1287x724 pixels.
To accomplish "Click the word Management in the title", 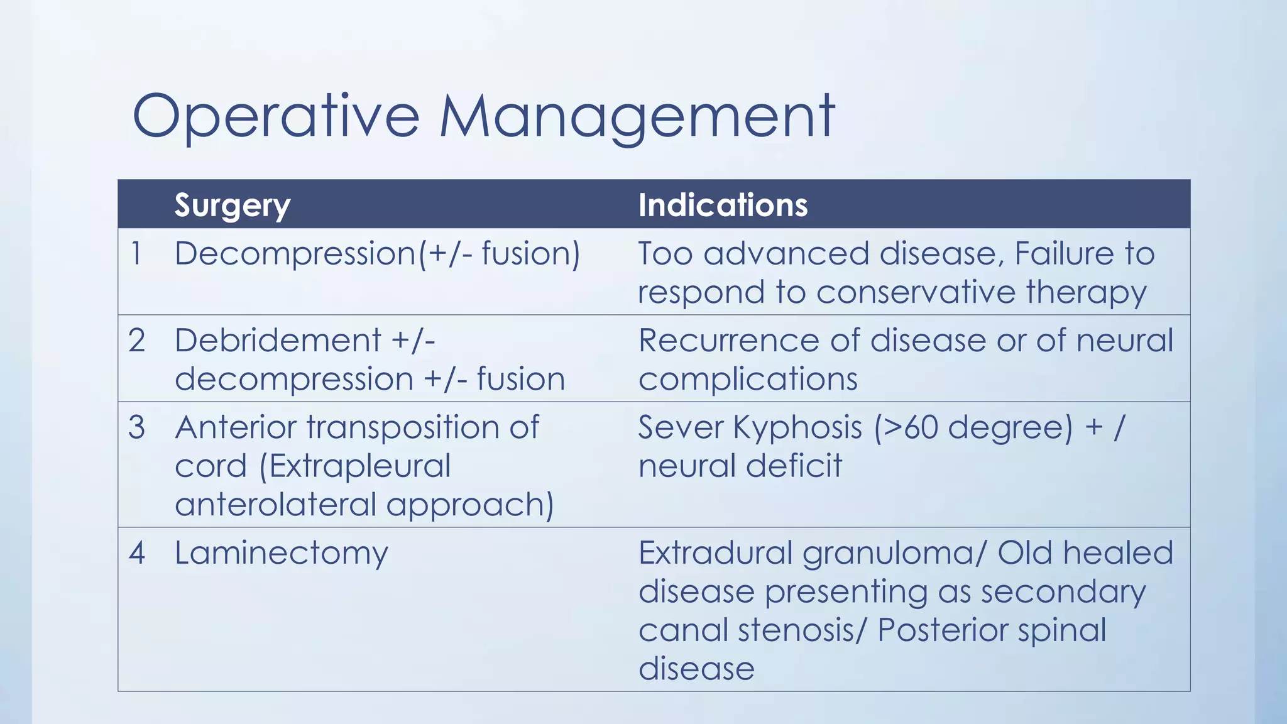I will click(637, 116).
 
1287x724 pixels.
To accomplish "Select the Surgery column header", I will click(232, 205).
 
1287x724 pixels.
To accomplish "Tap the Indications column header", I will click(723, 205).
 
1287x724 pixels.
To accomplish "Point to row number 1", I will click(136, 254).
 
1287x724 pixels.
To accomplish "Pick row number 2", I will click(136, 341).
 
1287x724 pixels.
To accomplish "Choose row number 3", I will click(136, 427).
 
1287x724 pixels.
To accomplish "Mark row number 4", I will click(136, 553).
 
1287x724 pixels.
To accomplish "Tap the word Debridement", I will click(277, 341).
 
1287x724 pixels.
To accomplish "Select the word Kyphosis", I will click(797, 428).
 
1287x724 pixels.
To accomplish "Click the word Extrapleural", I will click(355, 466).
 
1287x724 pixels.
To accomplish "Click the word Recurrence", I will click(728, 341).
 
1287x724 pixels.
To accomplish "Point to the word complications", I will click(748, 380).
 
